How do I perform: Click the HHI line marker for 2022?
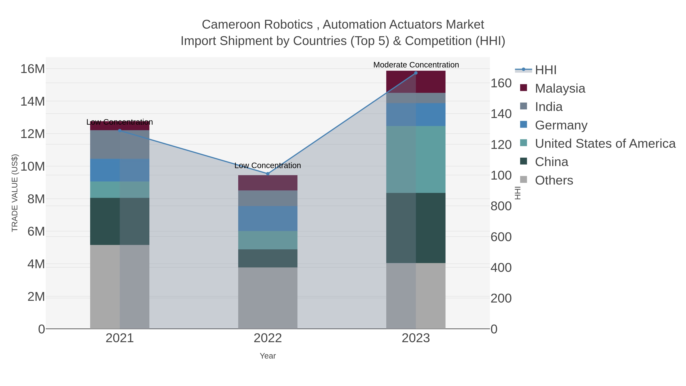(268, 174)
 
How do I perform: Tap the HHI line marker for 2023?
(416, 73)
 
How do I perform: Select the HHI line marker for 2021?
(119, 131)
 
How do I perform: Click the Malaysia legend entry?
(560, 88)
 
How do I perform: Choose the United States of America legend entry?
(605, 144)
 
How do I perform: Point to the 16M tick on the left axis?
(32, 69)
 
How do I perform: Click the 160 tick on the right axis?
(501, 83)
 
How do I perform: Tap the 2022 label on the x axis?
(268, 338)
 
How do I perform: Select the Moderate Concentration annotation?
(416, 65)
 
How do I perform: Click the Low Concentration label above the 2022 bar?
(268, 165)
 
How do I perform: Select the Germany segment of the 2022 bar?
(268, 218)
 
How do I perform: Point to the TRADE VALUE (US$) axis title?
(15, 193)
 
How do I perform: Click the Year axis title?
(268, 356)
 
